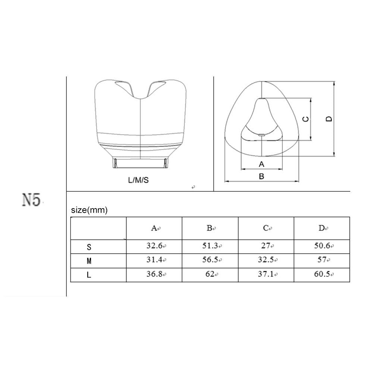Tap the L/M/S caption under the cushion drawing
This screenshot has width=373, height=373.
(138, 180)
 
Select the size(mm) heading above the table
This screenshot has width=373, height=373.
(89, 210)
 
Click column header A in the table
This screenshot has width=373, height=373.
(154, 228)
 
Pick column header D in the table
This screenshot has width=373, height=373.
(322, 228)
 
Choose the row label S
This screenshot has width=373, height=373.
(89, 247)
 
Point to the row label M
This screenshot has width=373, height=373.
(89, 261)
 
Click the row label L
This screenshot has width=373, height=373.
(89, 275)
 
